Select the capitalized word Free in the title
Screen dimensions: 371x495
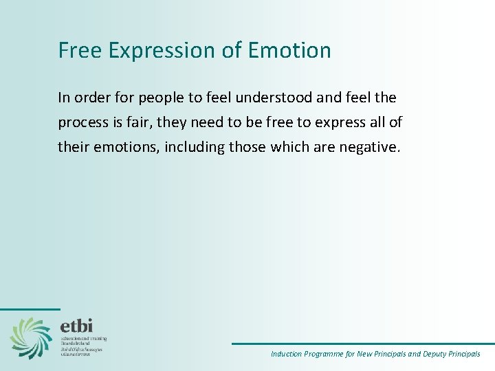tap(78, 50)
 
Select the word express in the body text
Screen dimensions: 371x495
tap(322, 122)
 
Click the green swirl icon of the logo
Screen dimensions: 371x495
tap(31, 337)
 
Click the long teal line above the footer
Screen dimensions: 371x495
tap(362, 344)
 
